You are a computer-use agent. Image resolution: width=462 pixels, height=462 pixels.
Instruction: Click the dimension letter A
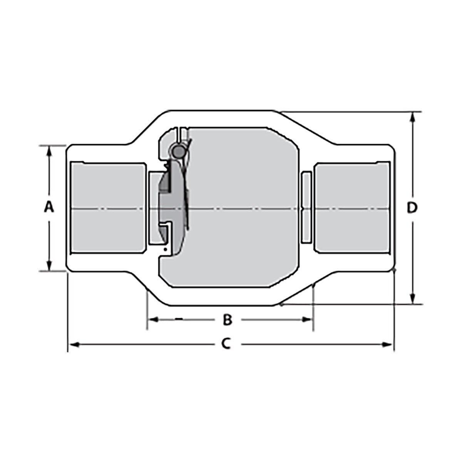[49, 208]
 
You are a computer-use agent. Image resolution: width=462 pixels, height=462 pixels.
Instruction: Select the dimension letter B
[228, 319]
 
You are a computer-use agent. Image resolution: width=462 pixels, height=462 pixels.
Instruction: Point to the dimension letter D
[412, 208]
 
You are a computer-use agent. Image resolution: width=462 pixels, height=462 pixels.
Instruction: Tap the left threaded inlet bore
[108, 208]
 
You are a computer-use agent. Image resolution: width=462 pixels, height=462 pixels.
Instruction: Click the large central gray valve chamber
[243, 208]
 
